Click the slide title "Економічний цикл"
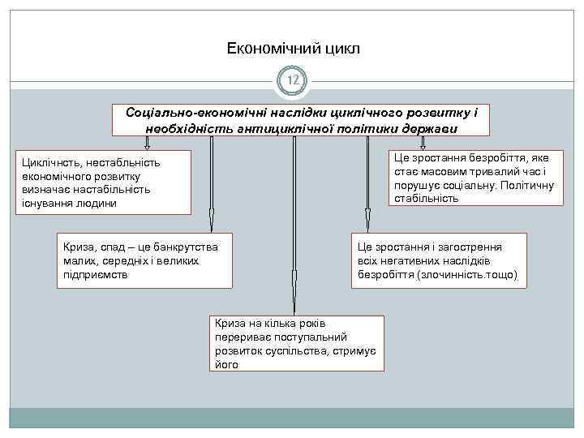pos(293,49)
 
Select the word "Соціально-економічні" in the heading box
pos(188,113)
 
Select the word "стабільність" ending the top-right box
pos(427,198)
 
